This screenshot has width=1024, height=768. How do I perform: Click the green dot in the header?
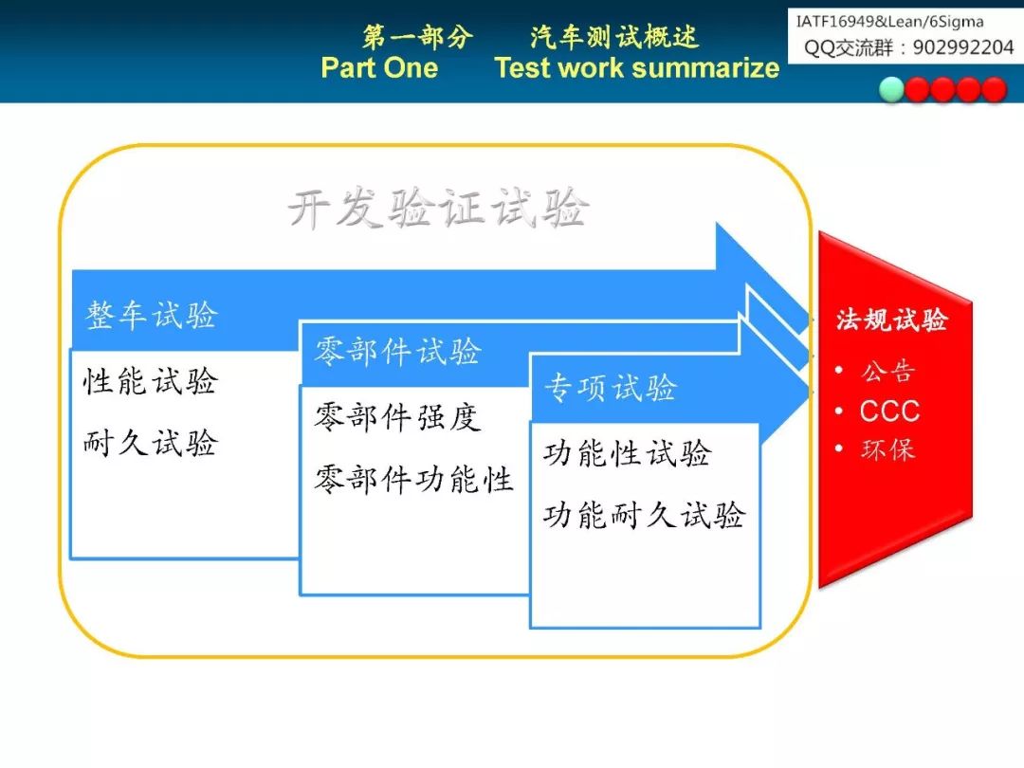[891, 90]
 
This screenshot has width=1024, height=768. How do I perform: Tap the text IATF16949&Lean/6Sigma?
[889, 22]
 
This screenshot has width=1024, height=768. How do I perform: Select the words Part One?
[379, 67]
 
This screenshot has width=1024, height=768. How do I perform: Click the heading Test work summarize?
[637, 68]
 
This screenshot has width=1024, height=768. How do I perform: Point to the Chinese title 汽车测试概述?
[614, 37]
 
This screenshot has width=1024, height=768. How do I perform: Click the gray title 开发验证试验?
[438, 208]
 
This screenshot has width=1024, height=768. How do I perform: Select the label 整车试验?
[152, 315]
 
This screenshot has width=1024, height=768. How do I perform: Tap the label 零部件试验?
[397, 352]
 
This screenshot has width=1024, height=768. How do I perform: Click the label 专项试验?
[611, 387]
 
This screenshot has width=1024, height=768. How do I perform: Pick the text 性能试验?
[150, 381]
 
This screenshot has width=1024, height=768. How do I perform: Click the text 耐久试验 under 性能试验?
[150, 443]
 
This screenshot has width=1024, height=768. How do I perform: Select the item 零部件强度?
[397, 416]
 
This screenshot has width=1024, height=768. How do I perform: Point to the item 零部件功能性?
[414, 479]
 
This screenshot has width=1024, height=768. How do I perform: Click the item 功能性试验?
[628, 453]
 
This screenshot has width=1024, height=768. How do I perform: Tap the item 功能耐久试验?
[645, 515]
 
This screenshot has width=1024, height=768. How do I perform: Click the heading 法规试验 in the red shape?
[891, 320]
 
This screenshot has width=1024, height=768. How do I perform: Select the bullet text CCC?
[889, 411]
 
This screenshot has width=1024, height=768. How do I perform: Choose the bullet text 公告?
[887, 372]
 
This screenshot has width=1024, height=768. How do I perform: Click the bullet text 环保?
[887, 449]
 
